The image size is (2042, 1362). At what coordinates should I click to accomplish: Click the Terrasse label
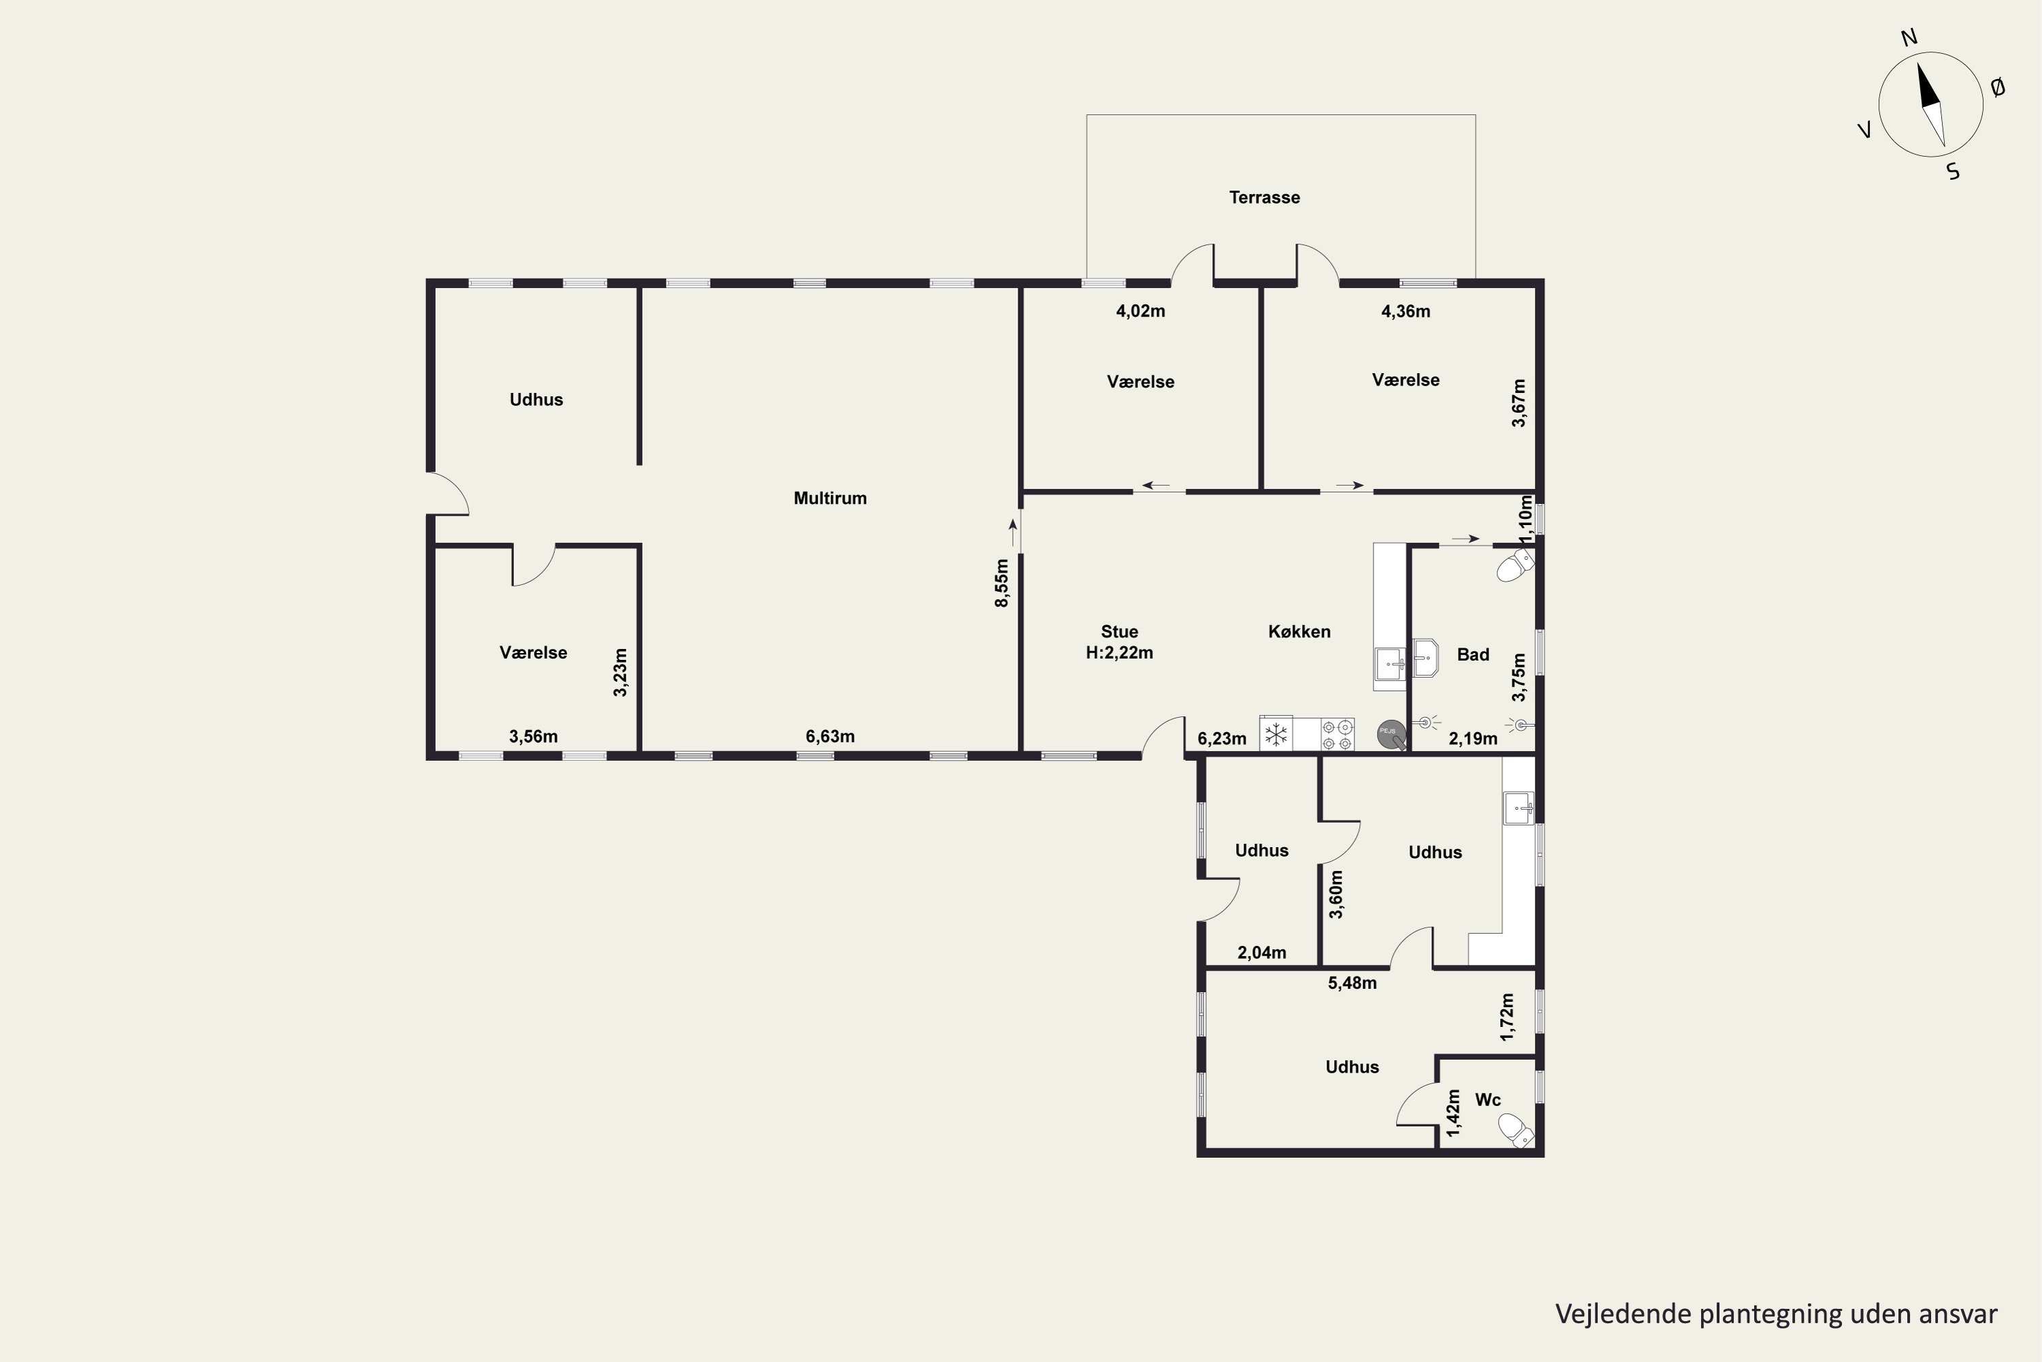[x=1264, y=197]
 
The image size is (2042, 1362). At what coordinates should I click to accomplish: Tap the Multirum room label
[x=830, y=498]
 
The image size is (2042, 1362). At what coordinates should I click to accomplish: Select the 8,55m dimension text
[x=1002, y=583]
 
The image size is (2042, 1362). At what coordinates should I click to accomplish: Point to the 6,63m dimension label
[x=830, y=737]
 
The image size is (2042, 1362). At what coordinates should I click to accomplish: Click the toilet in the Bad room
[x=1516, y=565]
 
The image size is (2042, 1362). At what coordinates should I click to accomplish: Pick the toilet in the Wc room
[x=1517, y=1130]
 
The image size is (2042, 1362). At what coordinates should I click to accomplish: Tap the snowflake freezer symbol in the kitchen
[x=1276, y=735]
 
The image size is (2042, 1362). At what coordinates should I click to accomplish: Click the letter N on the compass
[x=1909, y=37]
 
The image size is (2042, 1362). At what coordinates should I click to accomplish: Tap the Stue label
[x=1119, y=631]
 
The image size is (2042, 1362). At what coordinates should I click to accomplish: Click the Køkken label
[x=1299, y=631]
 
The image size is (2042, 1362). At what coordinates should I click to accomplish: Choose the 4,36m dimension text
[x=1406, y=311]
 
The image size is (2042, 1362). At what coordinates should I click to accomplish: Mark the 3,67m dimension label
[x=1519, y=403]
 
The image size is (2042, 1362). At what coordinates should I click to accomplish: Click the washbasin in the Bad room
[x=1425, y=658]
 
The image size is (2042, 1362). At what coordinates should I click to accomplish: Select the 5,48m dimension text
[x=1352, y=983]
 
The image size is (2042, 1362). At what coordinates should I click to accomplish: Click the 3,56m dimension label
[x=533, y=737]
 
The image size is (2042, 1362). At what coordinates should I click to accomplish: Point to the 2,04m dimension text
[x=1261, y=953]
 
